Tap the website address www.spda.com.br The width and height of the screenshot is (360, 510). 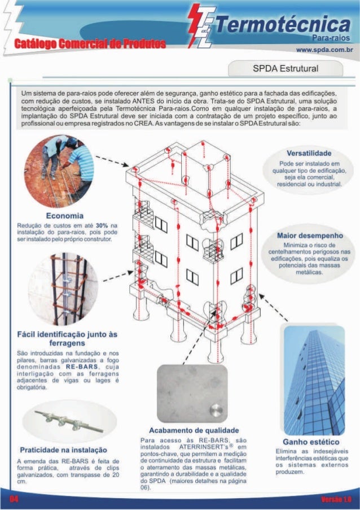point(324,50)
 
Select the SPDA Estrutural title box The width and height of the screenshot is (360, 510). point(285,69)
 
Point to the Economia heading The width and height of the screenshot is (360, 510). point(65,216)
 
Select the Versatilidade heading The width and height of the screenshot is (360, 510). point(309,153)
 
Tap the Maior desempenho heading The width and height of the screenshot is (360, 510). point(310,234)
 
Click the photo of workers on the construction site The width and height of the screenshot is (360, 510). point(62,172)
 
